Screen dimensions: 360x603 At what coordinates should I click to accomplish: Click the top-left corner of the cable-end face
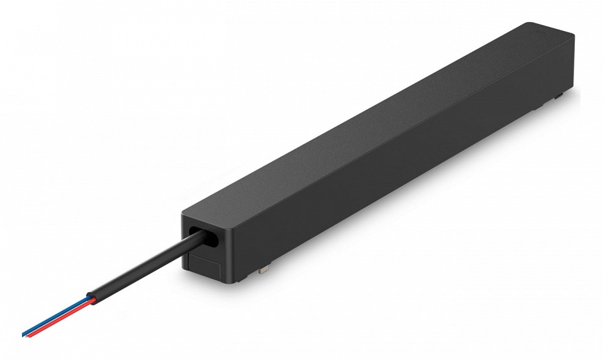click(x=183, y=214)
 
